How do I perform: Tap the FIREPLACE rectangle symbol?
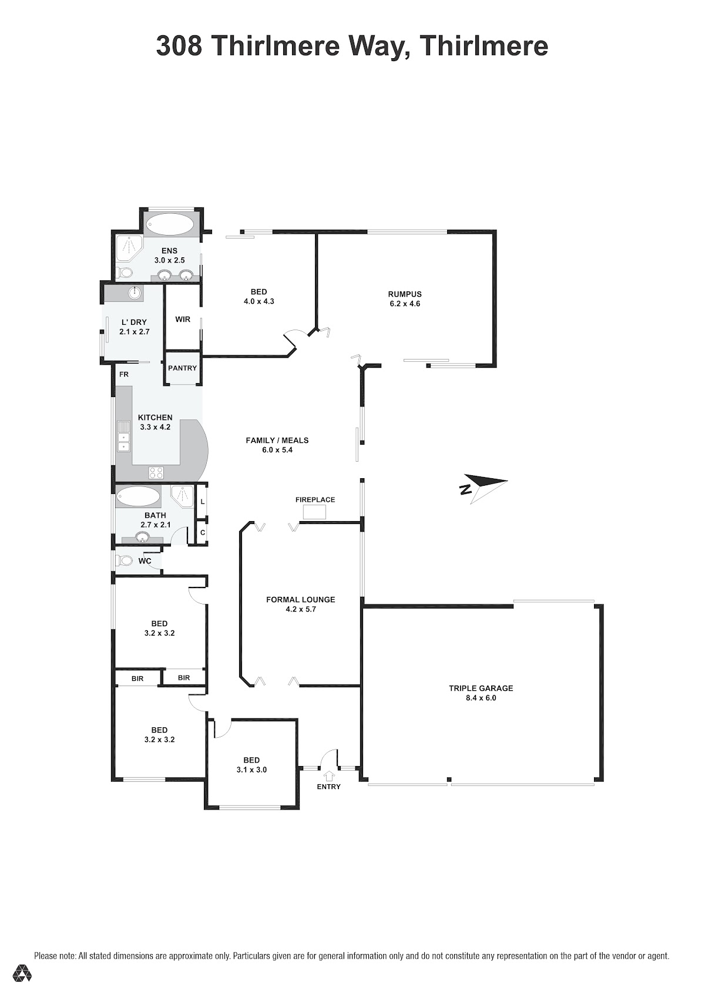314,512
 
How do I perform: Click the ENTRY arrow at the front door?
330,775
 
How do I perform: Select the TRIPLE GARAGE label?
481,688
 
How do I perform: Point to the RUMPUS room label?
405,294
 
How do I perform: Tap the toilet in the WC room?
124,560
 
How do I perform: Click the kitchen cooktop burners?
156,472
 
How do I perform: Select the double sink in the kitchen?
123,436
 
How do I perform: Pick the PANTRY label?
182,368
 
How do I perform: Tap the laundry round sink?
135,293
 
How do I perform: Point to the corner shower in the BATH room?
182,497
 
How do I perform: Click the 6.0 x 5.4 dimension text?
277,450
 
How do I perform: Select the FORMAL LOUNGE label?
300,600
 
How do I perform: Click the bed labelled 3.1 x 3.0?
251,765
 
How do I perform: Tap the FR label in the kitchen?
124,374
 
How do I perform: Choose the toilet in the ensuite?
125,272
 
